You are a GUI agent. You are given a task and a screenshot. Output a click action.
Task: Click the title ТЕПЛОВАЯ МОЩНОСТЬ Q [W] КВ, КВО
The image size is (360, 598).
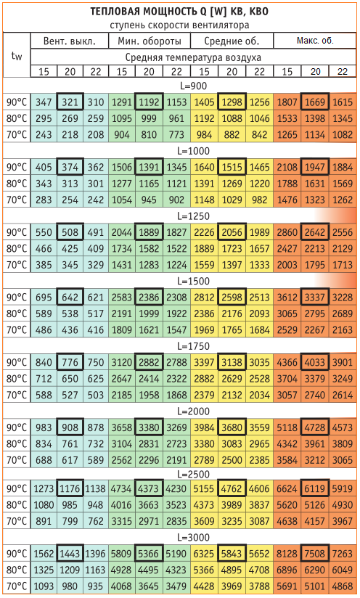tap(179, 12)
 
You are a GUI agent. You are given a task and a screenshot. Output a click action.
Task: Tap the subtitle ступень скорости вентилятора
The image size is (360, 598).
tap(179, 25)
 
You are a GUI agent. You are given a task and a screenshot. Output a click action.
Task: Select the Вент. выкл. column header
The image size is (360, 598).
tap(70, 41)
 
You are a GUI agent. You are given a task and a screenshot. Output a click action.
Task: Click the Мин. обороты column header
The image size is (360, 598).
tap(149, 41)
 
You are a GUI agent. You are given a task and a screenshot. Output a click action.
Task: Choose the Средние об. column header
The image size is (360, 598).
tap(232, 41)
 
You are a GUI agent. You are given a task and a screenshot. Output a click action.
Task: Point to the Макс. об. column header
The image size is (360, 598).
tap(315, 41)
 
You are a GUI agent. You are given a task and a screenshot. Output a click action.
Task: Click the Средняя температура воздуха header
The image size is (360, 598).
tap(193, 57)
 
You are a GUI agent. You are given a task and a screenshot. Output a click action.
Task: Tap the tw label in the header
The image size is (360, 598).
tap(17, 56)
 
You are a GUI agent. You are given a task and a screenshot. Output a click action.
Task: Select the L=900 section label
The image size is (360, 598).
tap(193, 86)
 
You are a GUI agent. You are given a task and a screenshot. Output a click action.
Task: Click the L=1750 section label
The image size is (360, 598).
tap(193, 346)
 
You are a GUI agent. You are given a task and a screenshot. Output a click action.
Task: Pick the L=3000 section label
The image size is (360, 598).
tap(193, 537)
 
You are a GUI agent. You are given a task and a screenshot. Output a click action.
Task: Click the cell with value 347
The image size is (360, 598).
tap(44, 102)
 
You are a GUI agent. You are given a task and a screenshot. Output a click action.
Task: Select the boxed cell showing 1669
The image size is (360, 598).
tap(315, 102)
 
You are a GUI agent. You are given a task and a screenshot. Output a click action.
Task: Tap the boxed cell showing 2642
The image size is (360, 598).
tap(315, 232)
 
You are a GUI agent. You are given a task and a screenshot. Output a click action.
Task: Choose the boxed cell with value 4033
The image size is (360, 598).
tap(315, 362)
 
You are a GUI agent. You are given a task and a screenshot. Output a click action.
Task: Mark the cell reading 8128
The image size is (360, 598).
tap(287, 554)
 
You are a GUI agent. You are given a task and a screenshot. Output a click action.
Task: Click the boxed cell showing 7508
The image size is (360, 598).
tap(315, 554)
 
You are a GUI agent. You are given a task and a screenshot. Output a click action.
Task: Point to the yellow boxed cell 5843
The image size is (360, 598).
tap(232, 554)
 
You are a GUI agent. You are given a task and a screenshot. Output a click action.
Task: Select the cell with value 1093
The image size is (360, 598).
tap(44, 586)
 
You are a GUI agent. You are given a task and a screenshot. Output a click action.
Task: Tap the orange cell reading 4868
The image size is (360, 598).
tap(343, 586)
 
